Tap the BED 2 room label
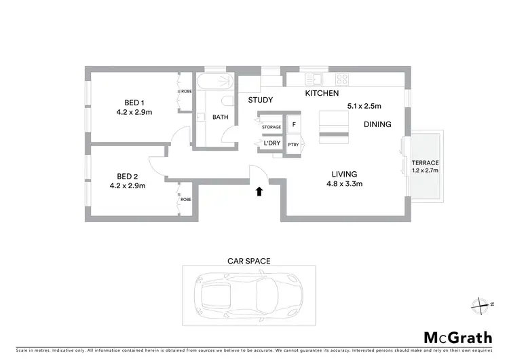[x=128, y=175]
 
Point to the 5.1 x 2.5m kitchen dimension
[x=364, y=106]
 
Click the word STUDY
[x=260, y=101]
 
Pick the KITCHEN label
[x=322, y=93]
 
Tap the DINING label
[x=377, y=124]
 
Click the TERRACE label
[x=426, y=163]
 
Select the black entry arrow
[x=259, y=192]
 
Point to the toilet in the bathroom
[x=227, y=101]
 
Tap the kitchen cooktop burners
[x=341, y=78]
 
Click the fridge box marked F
[x=294, y=124]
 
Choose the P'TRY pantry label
[x=294, y=145]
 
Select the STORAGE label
[x=271, y=127]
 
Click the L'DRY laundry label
[x=271, y=143]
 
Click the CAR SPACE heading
[x=248, y=260]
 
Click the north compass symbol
[x=483, y=304]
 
